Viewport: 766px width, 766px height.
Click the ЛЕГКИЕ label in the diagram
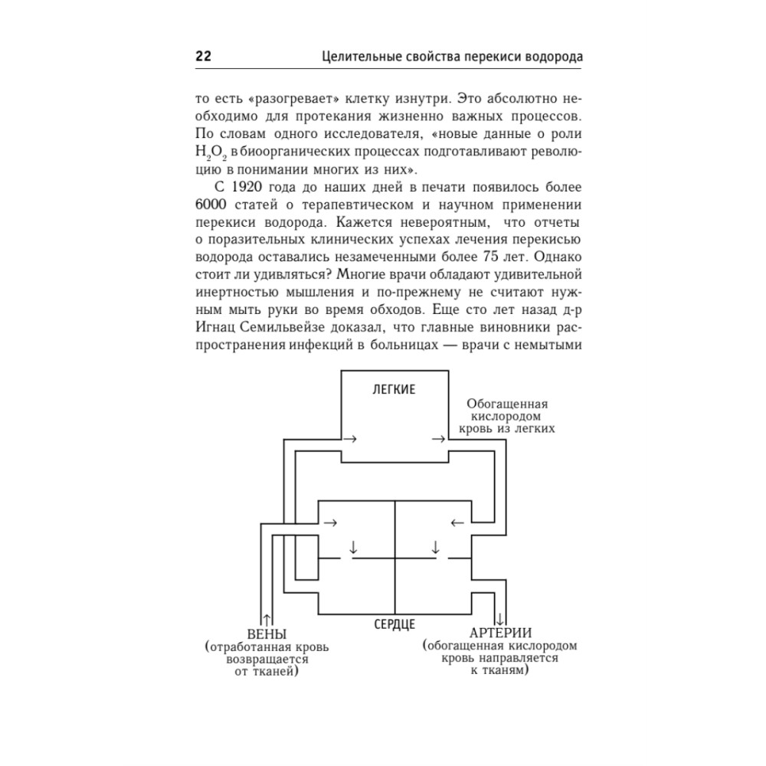[394, 389]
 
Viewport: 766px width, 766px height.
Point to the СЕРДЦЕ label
[394, 624]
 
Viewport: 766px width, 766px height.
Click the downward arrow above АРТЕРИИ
[500, 617]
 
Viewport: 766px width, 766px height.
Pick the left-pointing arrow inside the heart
[457, 523]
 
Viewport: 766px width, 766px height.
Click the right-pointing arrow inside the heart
[331, 523]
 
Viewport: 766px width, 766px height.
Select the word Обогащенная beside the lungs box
[507, 404]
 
